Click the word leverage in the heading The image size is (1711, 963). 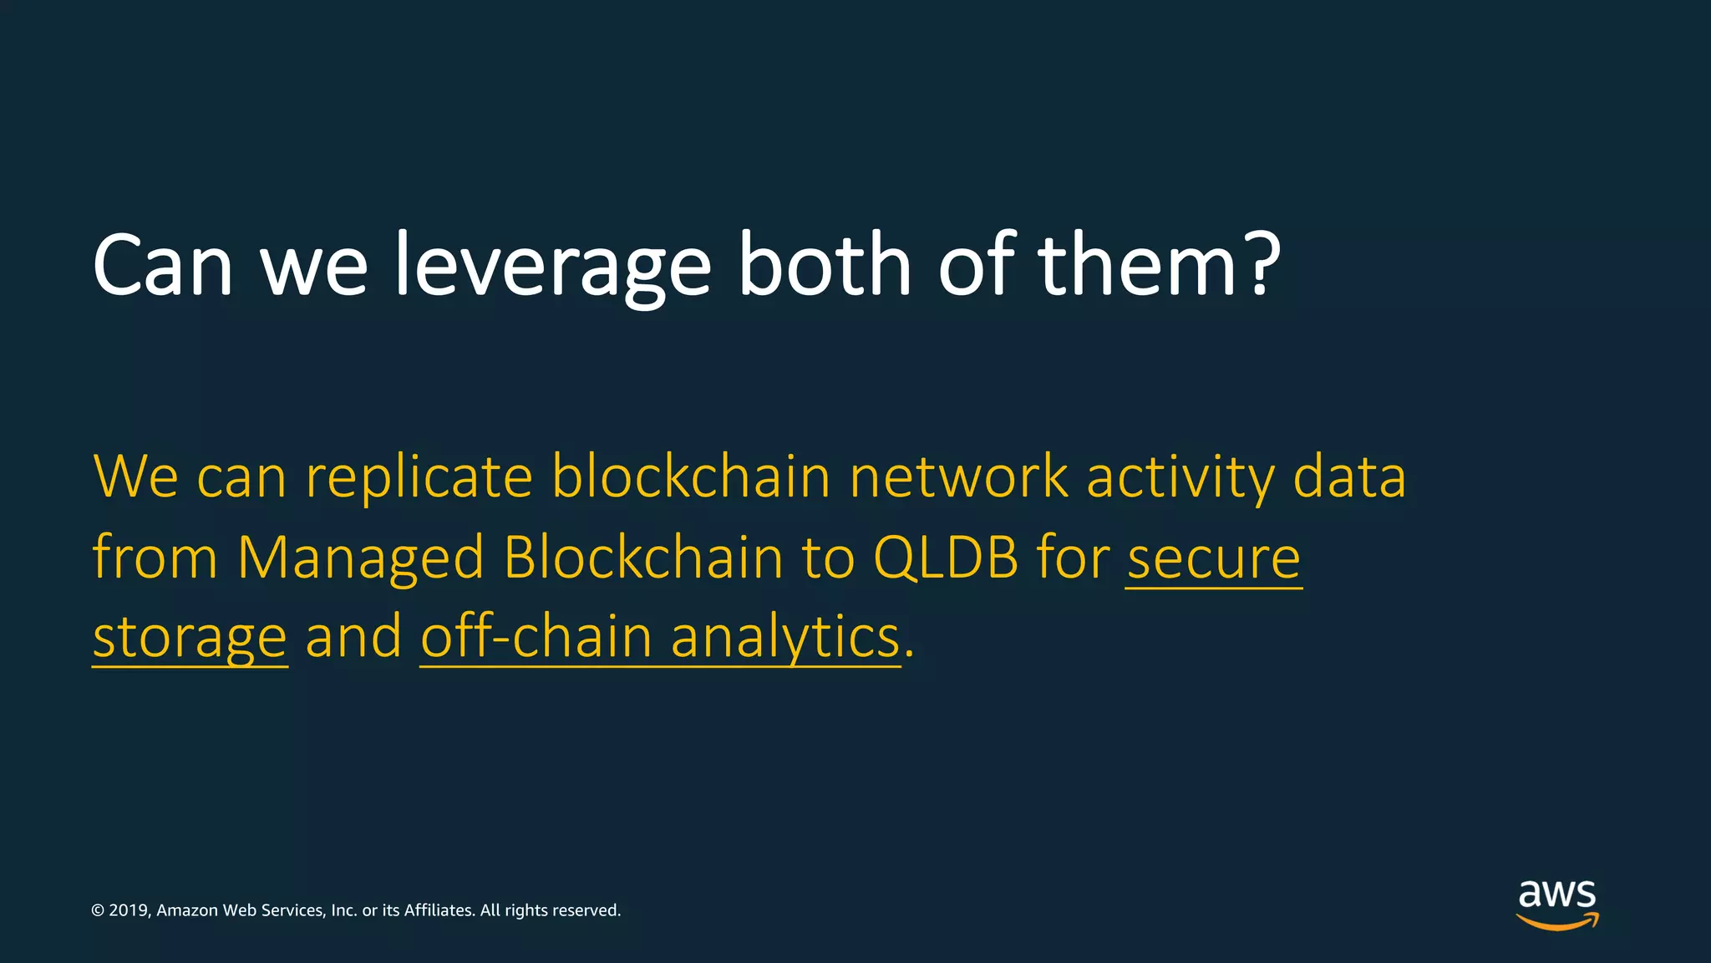pyautogui.click(x=551, y=266)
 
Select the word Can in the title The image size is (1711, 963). pyautogui.click(x=162, y=266)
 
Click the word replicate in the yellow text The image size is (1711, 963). pyautogui.click(x=419, y=478)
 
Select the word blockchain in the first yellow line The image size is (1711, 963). pyautogui.click(x=691, y=476)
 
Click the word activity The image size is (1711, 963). pyautogui.click(x=1180, y=478)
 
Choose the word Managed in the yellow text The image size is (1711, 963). pyautogui.click(x=360, y=558)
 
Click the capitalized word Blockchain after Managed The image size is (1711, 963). pyautogui.click(x=643, y=557)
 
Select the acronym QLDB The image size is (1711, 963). pyautogui.click(x=945, y=558)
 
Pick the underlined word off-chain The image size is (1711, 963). pyautogui.click(x=536, y=637)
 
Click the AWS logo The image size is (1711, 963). pyautogui.click(x=1557, y=904)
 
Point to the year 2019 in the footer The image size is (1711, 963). pyautogui.click(x=129, y=910)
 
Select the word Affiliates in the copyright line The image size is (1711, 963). pyautogui.click(x=439, y=910)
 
